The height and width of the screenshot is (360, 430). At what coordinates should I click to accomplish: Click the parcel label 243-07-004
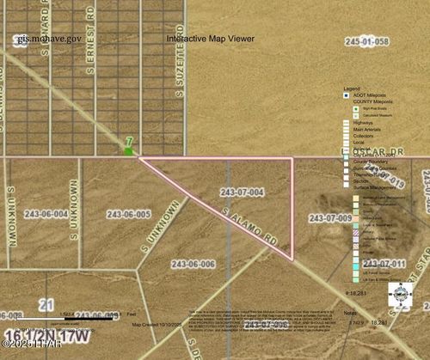(x=242, y=191)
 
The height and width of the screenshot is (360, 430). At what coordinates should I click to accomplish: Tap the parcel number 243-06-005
(x=129, y=214)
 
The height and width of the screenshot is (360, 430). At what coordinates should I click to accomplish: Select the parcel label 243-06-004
(x=49, y=214)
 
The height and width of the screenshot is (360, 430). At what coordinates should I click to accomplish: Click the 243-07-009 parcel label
(x=330, y=218)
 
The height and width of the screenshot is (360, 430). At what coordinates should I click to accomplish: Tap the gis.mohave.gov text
(x=47, y=39)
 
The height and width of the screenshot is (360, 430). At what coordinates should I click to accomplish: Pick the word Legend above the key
(x=351, y=88)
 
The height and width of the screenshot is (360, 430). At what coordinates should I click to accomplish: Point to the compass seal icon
(x=400, y=294)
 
